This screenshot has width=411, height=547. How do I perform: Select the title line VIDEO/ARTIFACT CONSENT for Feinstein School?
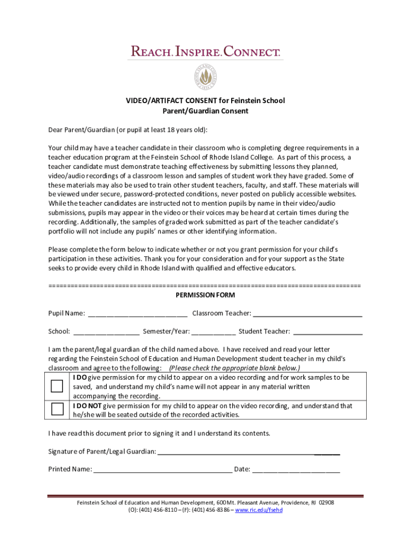(205, 100)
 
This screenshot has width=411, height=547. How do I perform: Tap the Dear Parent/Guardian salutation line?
(128, 130)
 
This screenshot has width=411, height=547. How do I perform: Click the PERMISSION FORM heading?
(205, 295)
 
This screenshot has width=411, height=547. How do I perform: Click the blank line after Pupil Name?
(137, 314)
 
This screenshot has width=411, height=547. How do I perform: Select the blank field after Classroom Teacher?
(307, 314)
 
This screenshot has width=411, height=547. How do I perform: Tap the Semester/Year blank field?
(214, 332)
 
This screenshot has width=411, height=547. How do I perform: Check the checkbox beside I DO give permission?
(57, 386)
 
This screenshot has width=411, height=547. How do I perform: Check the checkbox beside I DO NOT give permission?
(57, 410)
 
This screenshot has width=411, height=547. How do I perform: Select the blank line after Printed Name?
(162, 470)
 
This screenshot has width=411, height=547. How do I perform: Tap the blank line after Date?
(296, 470)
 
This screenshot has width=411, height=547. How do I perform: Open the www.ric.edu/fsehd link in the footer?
(259, 510)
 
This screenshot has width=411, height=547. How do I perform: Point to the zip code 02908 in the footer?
(326, 503)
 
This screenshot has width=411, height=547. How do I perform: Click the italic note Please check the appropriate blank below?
(234, 369)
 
